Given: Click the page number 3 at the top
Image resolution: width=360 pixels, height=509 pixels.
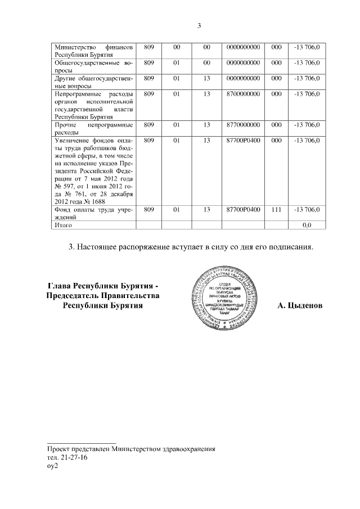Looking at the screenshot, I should click(199, 25).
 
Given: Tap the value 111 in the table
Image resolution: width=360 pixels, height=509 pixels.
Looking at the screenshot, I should click(276, 210).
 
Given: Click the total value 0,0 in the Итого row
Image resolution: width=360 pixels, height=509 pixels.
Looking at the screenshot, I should click(307, 225).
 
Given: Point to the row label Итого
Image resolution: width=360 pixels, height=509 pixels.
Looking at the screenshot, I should click(62, 225).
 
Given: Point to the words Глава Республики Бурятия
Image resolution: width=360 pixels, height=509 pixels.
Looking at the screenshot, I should click(103, 285).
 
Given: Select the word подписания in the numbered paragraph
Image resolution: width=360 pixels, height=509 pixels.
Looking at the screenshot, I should click(285, 246).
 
